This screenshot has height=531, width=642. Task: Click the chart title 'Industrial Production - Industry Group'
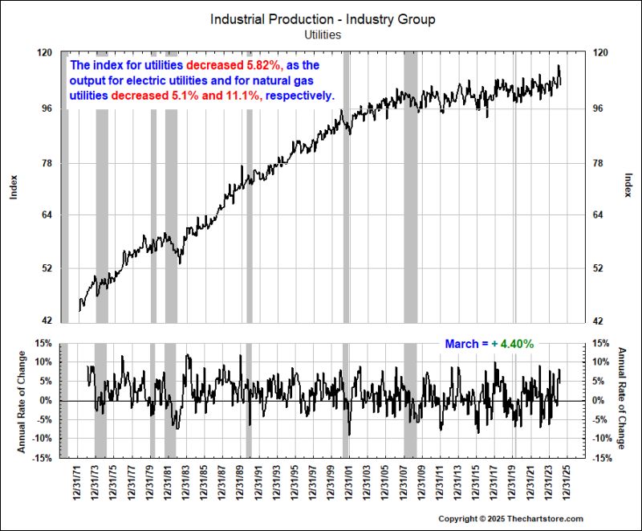pos(323,19)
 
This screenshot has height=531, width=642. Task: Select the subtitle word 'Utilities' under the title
pos(323,35)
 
